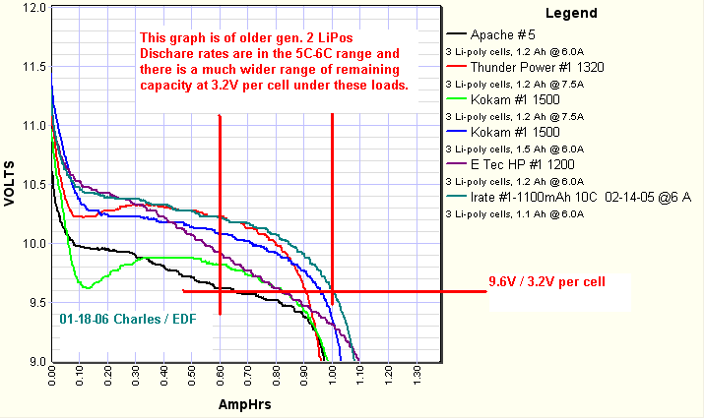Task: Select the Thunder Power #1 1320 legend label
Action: [x=537, y=68]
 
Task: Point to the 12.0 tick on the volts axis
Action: [x=34, y=8]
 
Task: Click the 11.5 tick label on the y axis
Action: [x=34, y=67]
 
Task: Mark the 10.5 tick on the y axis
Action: [x=34, y=185]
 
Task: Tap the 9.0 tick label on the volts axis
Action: [x=34, y=361]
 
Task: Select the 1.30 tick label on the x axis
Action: [x=417, y=378]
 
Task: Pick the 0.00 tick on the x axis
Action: [x=52, y=378]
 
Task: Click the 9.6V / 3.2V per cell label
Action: [x=546, y=280]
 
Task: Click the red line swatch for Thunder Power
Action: [x=456, y=68]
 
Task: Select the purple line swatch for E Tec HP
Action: [x=456, y=164]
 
